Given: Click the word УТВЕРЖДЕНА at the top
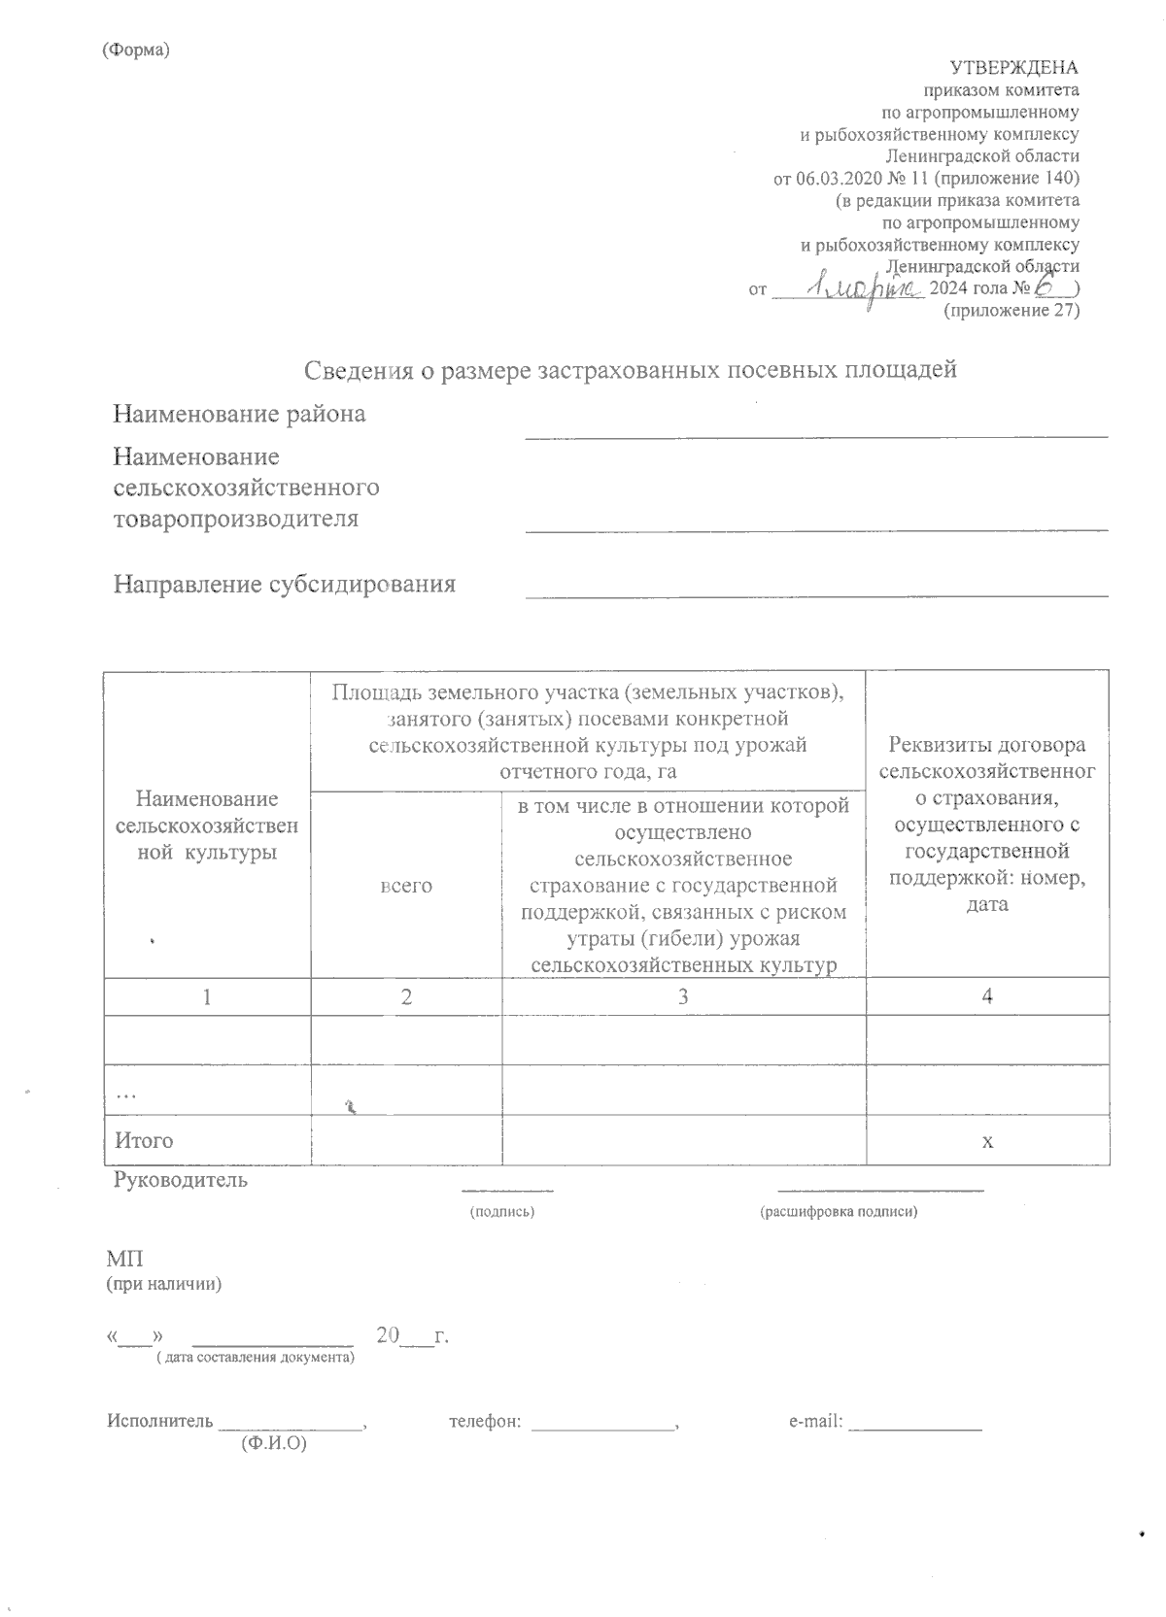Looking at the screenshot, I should click(x=1013, y=68).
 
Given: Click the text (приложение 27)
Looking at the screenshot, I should click(x=1012, y=312).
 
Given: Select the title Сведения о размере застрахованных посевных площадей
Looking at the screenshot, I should click(x=631, y=370).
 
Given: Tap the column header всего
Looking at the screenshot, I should click(x=406, y=886).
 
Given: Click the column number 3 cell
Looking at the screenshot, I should click(x=684, y=996).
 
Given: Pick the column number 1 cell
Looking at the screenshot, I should click(x=207, y=996).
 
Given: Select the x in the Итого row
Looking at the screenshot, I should click(x=987, y=1141).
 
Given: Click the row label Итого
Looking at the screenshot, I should click(x=144, y=1141).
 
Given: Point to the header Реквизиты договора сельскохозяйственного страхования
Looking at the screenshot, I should click(x=987, y=825).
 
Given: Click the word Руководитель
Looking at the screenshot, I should click(x=181, y=1181).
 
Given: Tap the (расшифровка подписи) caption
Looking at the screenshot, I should click(x=839, y=1212).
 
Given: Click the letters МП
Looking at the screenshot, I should click(x=124, y=1260).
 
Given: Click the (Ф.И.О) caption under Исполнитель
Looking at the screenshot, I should click(x=273, y=1445).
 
